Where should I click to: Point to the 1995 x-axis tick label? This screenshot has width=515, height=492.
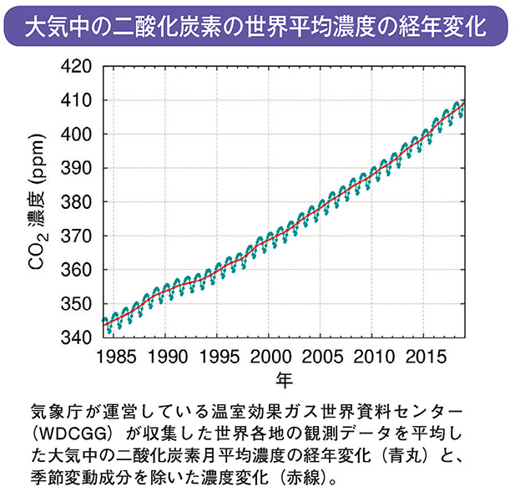[x=219, y=357]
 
